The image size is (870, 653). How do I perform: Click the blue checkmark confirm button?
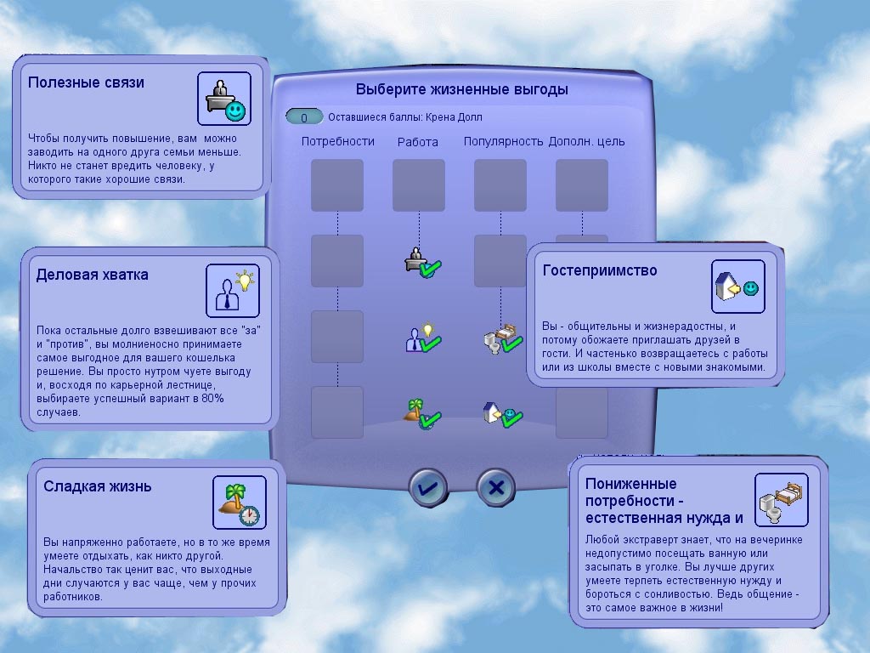(427, 487)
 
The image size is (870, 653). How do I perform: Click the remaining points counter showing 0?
(304, 117)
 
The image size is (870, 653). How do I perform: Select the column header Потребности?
(338, 142)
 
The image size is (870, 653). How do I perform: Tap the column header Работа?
(418, 142)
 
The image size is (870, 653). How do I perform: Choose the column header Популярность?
(503, 142)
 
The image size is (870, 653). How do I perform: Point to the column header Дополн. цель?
(586, 142)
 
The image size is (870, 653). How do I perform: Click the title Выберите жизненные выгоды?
(461, 89)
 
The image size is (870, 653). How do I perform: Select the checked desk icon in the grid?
(423, 262)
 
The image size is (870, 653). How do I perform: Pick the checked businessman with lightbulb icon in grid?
(423, 337)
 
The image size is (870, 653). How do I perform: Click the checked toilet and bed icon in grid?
(503, 338)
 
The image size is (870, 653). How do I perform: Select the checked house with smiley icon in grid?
(503, 414)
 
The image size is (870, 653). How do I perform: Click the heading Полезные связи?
(86, 82)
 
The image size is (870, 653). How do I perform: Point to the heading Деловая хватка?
(92, 275)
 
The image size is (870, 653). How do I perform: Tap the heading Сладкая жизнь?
(97, 486)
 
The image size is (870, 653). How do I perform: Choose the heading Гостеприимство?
(600, 270)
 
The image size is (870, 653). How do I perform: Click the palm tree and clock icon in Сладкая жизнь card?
(240, 503)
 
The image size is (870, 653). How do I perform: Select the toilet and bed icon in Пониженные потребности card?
(782, 500)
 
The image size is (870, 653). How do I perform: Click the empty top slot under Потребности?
(337, 185)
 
